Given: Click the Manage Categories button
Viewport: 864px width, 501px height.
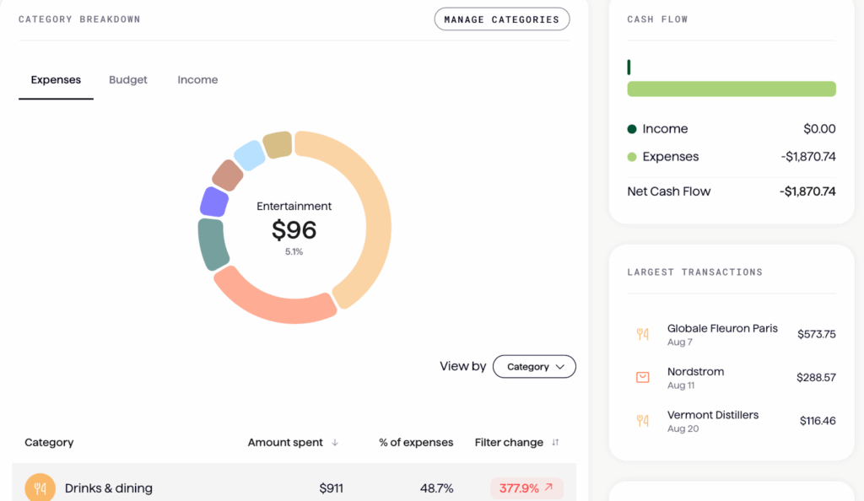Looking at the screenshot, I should coord(501,19).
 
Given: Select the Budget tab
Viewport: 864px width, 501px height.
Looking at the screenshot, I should coord(128,80).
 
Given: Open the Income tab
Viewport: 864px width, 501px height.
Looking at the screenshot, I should coord(197,80).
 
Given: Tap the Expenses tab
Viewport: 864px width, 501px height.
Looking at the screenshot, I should coord(56,80).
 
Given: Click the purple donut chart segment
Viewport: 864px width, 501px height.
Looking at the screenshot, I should coord(214,202).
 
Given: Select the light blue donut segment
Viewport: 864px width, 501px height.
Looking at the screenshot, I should coord(249,155).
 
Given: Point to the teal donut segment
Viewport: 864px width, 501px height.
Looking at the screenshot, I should coord(213,243).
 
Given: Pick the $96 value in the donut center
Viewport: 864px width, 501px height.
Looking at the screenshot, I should coord(294,229).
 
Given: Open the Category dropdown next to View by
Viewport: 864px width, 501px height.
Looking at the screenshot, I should coord(534,367).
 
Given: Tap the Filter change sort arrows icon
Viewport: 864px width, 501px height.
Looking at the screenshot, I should coord(555,443).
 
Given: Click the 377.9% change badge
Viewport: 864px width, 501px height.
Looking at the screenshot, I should coord(526,488).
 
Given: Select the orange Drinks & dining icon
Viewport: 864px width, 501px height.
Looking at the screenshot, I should coord(40,488).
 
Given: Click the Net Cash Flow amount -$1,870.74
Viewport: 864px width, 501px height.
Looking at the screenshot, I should coord(807,191).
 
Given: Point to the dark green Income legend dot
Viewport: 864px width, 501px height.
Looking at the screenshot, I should coord(632,129).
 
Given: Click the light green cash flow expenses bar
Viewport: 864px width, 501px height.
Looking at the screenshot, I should coord(731,89).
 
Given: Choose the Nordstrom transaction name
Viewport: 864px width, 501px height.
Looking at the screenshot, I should coord(695,372).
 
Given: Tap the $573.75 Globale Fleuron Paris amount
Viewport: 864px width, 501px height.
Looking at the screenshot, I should coord(816,334).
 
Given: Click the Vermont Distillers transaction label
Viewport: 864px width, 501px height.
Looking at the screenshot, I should coord(712,415).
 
